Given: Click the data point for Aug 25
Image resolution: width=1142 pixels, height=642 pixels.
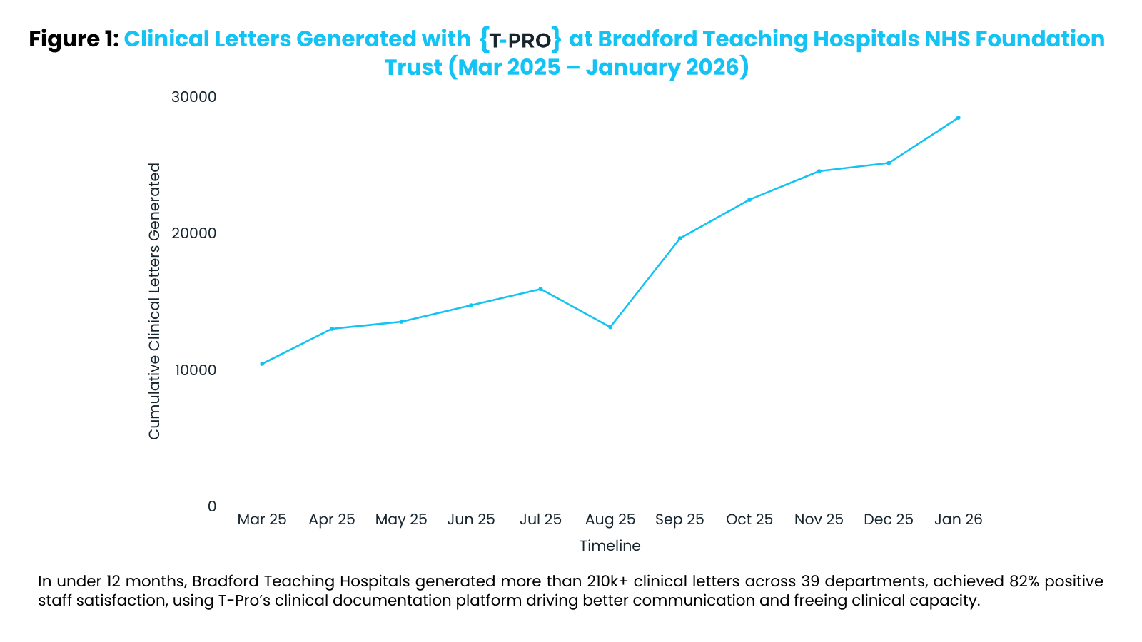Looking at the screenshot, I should (610, 327).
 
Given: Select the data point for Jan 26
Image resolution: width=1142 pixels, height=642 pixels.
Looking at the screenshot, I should (959, 118).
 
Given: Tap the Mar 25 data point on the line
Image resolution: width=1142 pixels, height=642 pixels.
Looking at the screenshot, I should (262, 364).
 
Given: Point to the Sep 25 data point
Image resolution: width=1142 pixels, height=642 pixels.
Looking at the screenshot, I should (679, 238).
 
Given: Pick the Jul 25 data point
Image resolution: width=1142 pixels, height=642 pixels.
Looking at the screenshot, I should (540, 289).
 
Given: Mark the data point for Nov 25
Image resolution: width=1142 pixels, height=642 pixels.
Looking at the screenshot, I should (819, 171).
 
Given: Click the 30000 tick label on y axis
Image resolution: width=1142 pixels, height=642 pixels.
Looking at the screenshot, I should (193, 97).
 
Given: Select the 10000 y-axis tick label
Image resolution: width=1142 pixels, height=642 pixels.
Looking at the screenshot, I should (193, 370).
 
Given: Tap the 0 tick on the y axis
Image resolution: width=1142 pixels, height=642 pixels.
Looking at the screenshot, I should (211, 506).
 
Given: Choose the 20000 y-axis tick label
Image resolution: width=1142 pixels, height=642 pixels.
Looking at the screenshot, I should (193, 233).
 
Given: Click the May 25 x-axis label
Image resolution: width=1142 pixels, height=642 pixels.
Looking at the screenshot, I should (401, 519).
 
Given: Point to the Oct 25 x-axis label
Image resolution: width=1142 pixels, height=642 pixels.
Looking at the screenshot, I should (749, 519).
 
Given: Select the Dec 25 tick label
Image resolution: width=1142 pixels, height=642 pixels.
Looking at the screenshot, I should (889, 519).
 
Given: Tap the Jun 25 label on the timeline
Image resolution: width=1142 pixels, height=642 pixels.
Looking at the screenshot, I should (471, 519).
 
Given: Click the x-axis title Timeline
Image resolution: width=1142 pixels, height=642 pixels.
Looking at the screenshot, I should (610, 546).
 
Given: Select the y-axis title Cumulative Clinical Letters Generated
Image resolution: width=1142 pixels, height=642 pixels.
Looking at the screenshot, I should (154, 301).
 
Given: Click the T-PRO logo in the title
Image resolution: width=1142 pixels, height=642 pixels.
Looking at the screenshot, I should (520, 39).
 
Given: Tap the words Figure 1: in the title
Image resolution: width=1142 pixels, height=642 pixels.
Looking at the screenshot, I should (74, 39).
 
